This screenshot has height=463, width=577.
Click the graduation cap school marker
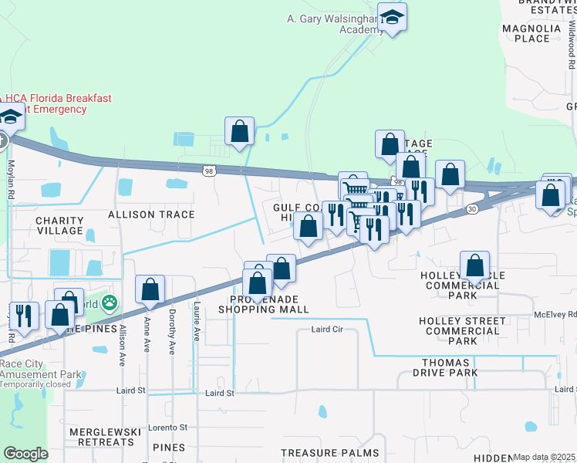tap(392, 19)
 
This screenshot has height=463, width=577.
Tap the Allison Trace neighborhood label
tap(151, 214)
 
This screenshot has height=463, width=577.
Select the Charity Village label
tap(59, 225)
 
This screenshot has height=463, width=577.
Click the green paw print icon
tap(110, 302)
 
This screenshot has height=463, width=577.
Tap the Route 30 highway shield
tap(471, 209)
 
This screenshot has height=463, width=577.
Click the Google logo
tap(25, 454)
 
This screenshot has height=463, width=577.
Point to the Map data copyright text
tap(544, 457)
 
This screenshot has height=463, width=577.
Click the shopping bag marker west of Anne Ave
tap(150, 290)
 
